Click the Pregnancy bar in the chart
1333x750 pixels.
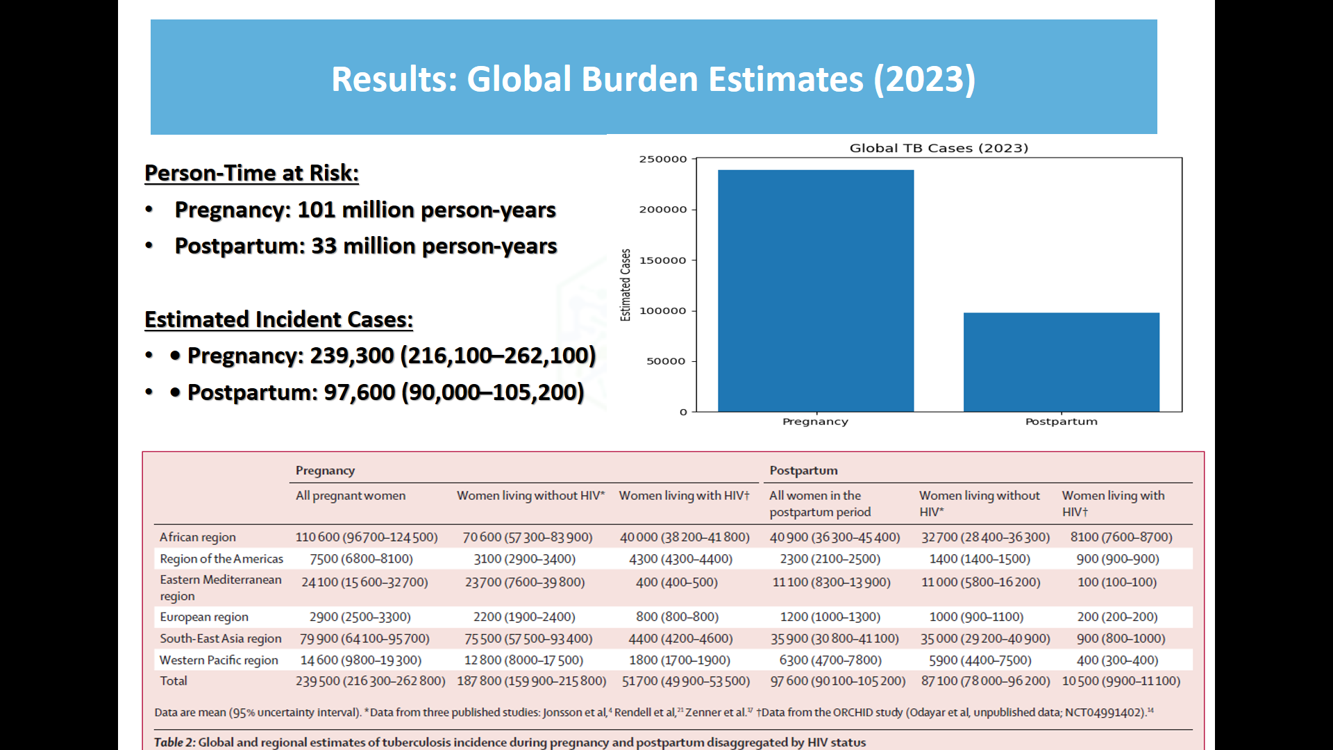(816, 292)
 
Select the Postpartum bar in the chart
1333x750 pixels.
(1061, 362)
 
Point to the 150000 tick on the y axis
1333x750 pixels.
(663, 260)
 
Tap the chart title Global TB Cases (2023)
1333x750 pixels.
(939, 148)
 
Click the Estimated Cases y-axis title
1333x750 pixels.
(626, 285)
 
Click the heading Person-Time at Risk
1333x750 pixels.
(251, 173)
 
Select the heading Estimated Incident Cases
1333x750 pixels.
(278, 319)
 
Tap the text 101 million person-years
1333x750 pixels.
(426, 210)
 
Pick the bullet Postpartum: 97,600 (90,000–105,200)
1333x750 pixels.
(385, 392)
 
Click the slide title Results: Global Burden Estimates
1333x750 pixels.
(653, 78)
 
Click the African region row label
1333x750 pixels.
(198, 537)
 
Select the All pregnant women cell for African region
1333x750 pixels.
(367, 537)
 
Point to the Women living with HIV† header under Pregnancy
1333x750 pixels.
(684, 495)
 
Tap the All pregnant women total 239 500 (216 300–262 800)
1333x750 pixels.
(370, 681)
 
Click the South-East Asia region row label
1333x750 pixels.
(220, 638)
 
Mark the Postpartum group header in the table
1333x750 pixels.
(803, 470)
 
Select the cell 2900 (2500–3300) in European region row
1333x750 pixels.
(360, 617)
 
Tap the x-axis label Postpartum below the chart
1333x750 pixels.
(1061, 422)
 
